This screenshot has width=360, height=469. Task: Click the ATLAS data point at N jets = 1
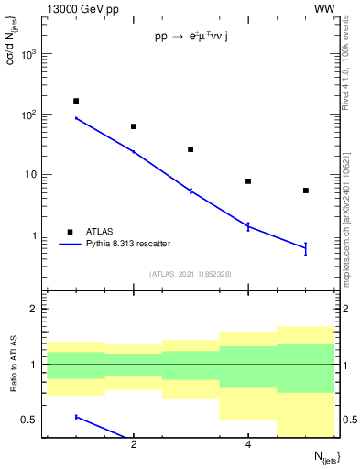click(76, 101)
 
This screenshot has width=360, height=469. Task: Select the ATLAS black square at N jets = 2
click(134, 126)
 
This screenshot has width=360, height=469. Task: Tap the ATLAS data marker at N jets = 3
click(191, 149)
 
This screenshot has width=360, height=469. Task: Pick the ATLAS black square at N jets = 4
click(248, 181)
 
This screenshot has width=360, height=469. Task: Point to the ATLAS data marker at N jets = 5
click(306, 191)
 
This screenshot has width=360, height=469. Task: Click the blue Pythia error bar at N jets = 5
click(306, 247)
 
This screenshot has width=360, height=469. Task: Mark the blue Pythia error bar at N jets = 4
click(248, 226)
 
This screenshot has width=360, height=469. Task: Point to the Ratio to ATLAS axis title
click(12, 364)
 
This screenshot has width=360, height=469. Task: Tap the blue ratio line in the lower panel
click(101, 426)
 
